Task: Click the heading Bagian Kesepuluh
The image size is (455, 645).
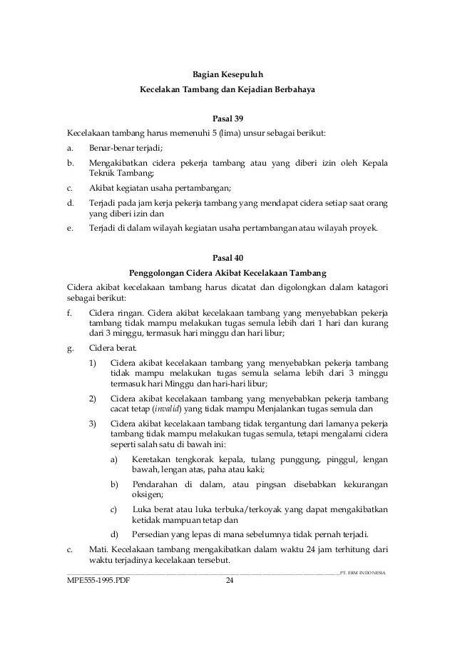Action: pos(227,73)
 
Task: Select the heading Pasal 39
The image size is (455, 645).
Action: pos(227,118)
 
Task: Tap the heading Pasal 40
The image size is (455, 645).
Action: pos(227,258)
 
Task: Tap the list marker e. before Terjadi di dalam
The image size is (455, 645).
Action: pos(69,229)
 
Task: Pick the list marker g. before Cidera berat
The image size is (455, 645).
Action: pos(69,349)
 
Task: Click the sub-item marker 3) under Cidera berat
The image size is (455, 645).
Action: pos(93,425)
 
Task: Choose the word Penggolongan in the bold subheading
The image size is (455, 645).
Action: pos(160,272)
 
